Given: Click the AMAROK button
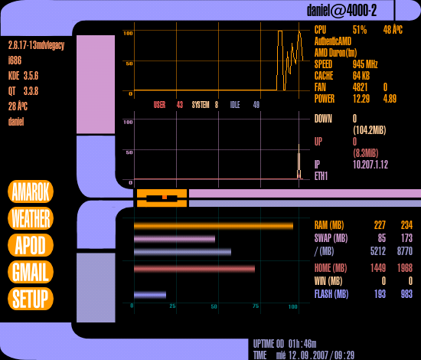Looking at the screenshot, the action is (31, 191).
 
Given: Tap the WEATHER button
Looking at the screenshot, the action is (31, 218).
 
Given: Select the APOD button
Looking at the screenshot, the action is (31, 245).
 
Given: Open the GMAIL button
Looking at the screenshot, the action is (31, 272).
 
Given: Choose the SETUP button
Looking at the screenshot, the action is (31, 299).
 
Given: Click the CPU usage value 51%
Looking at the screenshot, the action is (360, 30).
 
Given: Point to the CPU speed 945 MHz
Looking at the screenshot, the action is (365, 64).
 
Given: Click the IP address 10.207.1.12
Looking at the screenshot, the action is (370, 165).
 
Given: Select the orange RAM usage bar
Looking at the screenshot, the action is (214, 226).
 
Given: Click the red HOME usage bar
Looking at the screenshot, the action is (194, 269).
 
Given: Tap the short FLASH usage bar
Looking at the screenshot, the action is (150, 295).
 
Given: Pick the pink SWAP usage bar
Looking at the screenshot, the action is (175, 239).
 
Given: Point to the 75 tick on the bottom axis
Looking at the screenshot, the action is (256, 306).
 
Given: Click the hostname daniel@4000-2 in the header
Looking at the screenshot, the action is (342, 11).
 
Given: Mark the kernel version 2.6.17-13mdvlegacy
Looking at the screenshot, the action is (37, 45).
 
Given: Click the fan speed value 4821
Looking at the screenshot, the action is (360, 87).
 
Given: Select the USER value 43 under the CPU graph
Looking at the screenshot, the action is (180, 105).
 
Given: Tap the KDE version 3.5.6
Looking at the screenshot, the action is (31, 76).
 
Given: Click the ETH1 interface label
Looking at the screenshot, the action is (321, 176).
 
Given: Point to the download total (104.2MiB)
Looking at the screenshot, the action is (370, 130).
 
